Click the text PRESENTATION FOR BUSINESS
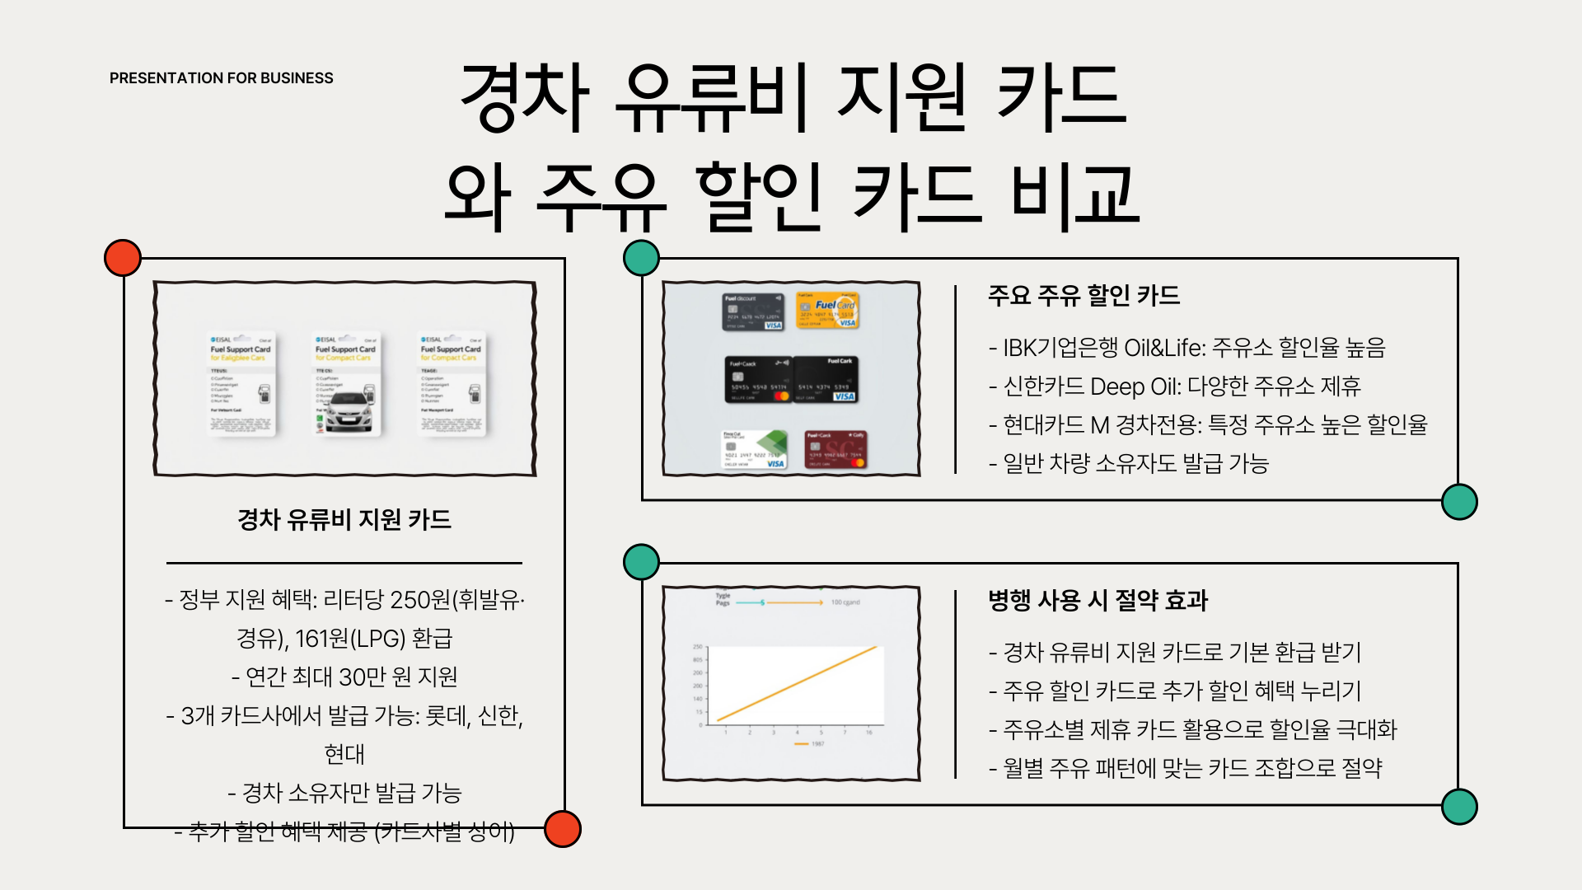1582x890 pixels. click(x=221, y=78)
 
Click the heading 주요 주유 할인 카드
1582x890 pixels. click(x=1084, y=295)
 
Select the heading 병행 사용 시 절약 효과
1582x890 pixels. click(x=1098, y=600)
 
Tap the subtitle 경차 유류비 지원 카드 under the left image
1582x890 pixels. click(x=344, y=519)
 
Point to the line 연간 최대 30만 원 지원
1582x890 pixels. click(x=344, y=677)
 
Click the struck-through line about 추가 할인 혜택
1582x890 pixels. click(x=344, y=831)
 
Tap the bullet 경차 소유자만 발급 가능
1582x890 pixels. click(x=344, y=793)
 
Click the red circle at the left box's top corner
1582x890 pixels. click(x=123, y=258)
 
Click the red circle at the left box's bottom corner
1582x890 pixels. click(x=563, y=829)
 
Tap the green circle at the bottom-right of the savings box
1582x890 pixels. click(x=1459, y=807)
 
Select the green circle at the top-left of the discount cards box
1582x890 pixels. click(x=641, y=258)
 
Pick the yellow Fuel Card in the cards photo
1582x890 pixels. click(x=828, y=311)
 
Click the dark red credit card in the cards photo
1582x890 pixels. click(x=835, y=450)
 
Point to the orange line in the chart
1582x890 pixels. click(x=798, y=683)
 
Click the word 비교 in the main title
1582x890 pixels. click(x=1075, y=195)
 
